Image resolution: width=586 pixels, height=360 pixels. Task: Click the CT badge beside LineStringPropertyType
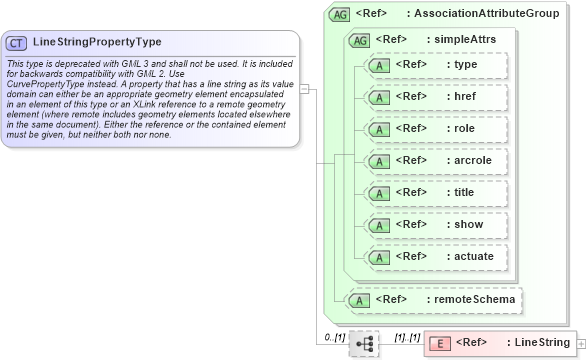[x=17, y=43]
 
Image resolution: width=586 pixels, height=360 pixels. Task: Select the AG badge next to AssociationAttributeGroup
[x=339, y=15]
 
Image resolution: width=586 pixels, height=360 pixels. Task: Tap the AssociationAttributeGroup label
[x=486, y=15]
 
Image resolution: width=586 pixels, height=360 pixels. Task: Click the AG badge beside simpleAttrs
[x=356, y=40]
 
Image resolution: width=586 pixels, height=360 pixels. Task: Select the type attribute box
[x=436, y=65]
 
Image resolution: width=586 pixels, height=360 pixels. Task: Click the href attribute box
[x=436, y=97]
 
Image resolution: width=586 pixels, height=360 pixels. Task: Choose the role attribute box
[x=436, y=129]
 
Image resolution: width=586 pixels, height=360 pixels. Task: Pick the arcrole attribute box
[x=436, y=161]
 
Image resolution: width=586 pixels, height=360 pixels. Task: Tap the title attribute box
[x=436, y=193]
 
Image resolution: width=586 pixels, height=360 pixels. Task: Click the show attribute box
[x=436, y=225]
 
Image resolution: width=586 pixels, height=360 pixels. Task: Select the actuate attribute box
[x=436, y=257]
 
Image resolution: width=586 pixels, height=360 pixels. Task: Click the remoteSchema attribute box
[x=434, y=299]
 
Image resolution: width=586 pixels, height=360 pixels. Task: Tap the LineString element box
[x=500, y=343]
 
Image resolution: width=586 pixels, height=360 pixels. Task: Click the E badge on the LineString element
[x=438, y=344]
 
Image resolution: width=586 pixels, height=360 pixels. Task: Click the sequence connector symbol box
[x=364, y=343]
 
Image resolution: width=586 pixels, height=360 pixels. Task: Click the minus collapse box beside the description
[x=304, y=88]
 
